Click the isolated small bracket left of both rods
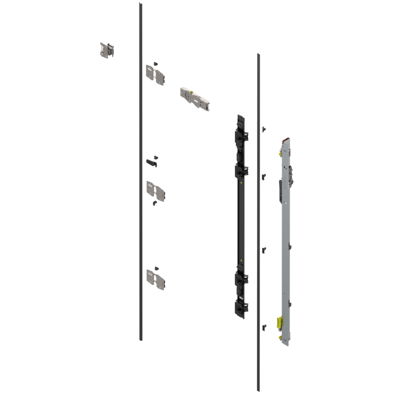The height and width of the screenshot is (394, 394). pyautogui.click(x=107, y=50)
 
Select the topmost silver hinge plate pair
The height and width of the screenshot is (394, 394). pyautogui.click(x=155, y=75)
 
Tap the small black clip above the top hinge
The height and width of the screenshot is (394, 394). pyautogui.click(x=156, y=63)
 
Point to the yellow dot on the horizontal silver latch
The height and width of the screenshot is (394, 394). pyautogui.click(x=191, y=93)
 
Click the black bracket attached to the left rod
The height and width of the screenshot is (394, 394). pyautogui.click(x=151, y=163)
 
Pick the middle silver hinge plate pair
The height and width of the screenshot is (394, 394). pyautogui.click(x=155, y=190)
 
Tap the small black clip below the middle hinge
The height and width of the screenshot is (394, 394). pyautogui.click(x=154, y=204)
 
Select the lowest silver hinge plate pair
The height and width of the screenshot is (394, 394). pyautogui.click(x=155, y=279)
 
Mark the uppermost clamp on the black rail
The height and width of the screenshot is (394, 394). pyautogui.click(x=241, y=136)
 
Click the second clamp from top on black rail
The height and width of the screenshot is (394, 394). pyautogui.click(x=241, y=171)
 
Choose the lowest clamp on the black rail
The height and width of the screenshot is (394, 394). pyautogui.click(x=241, y=308)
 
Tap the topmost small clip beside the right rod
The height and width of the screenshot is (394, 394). pyautogui.click(x=264, y=128)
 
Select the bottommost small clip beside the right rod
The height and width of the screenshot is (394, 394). pyautogui.click(x=264, y=327)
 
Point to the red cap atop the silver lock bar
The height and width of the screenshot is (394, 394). pyautogui.click(x=286, y=139)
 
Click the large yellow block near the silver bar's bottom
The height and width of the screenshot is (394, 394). pyautogui.click(x=280, y=322)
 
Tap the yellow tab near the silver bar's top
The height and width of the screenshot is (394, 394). pyautogui.click(x=280, y=152)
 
